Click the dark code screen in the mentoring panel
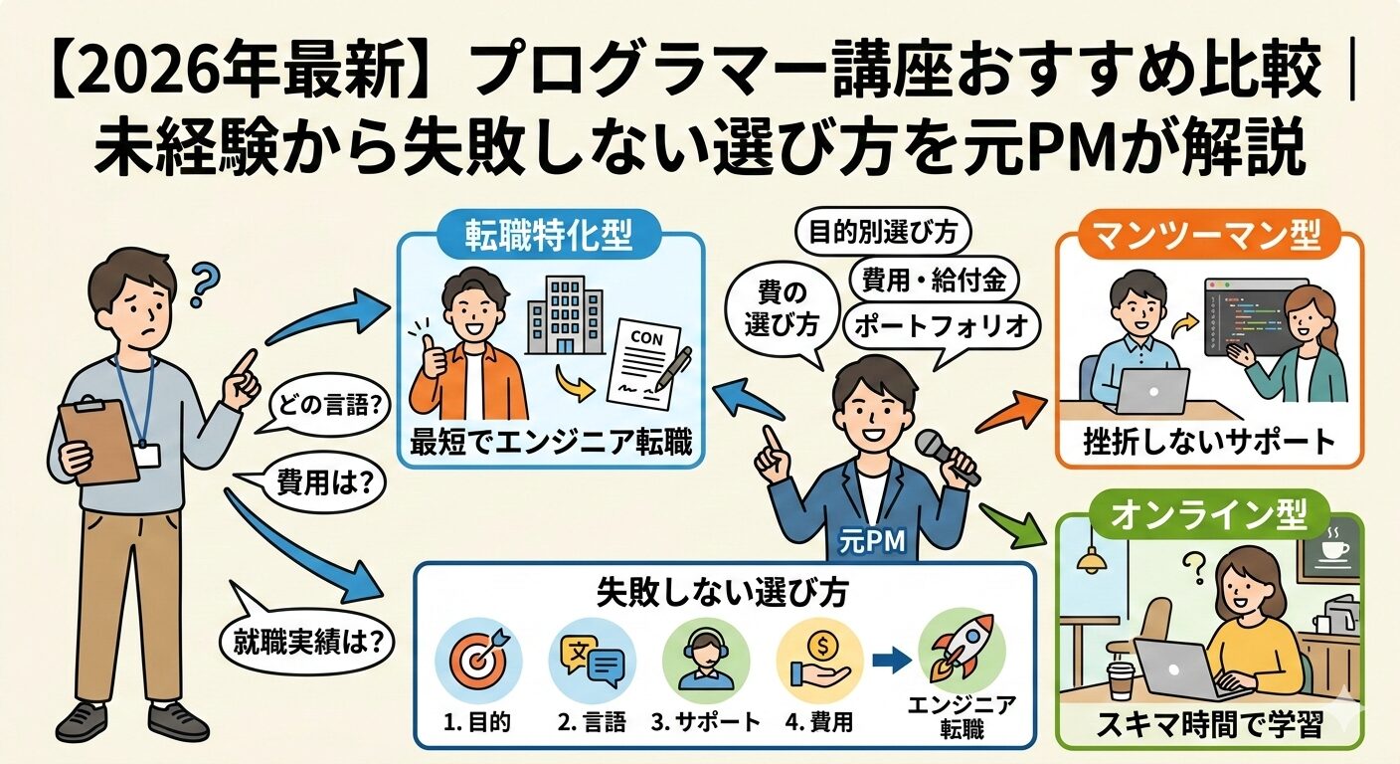(x=1255, y=315)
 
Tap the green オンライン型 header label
(x=1209, y=515)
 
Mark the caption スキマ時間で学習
(x=1209, y=725)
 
